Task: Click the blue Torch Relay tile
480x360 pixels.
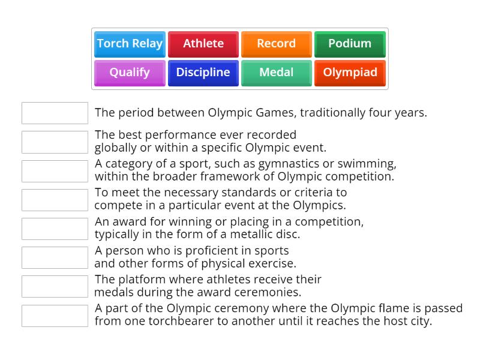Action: coord(130,44)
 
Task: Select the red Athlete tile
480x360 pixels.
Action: coord(203,44)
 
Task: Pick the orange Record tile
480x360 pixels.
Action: coord(276,44)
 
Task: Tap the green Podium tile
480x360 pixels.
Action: coord(350,44)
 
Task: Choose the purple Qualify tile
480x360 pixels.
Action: coord(130,73)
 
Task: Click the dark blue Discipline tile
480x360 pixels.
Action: coord(203,73)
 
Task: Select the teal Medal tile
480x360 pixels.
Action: coord(276,73)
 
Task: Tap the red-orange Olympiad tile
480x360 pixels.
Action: coord(350,73)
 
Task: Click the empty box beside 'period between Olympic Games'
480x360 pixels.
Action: coord(55,113)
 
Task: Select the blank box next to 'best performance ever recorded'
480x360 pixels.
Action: coord(55,142)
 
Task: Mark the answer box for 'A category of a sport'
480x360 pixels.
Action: coord(55,171)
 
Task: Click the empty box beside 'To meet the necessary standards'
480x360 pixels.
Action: coord(55,200)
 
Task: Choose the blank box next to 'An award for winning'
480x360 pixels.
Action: coord(55,229)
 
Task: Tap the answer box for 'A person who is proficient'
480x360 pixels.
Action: coord(55,257)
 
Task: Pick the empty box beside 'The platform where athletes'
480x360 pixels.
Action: coord(55,286)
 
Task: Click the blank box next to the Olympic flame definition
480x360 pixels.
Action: coord(55,316)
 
